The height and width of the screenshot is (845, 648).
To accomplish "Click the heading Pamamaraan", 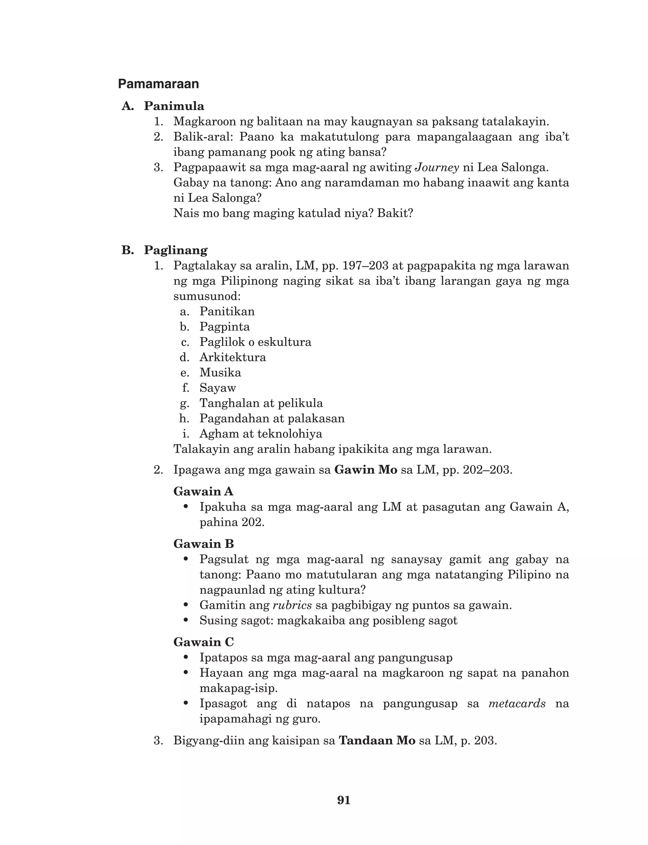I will [158, 84].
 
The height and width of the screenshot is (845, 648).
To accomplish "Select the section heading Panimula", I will [174, 106].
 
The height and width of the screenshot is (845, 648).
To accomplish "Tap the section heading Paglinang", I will [176, 250].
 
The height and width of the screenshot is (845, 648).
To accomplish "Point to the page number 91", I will [344, 800].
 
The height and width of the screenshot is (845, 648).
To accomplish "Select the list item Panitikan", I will [227, 312].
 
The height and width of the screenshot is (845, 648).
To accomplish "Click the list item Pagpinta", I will [224, 327].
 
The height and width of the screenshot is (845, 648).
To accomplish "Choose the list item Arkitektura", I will [233, 357].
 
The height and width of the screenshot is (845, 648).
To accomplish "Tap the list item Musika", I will [220, 373].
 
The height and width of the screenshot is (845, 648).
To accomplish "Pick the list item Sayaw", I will [218, 388].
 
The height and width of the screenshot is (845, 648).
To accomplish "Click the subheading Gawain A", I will [203, 492].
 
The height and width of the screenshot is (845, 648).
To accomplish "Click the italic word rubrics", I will [292, 605].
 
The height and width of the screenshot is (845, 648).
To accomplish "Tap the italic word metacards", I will [517, 704].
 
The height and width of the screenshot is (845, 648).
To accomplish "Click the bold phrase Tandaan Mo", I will [377, 741].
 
